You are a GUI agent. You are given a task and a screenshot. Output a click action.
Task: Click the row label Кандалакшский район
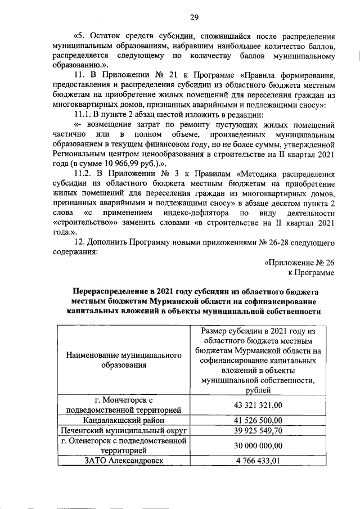(124, 420)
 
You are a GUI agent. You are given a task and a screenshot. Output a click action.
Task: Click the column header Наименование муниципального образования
(124, 360)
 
